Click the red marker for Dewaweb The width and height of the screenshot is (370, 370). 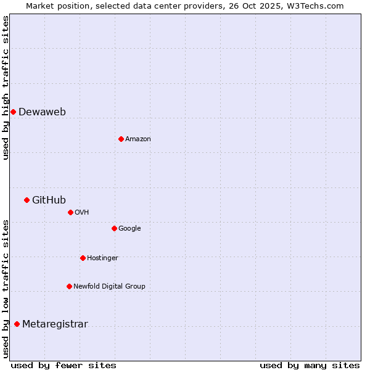point(13,112)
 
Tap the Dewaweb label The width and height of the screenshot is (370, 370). point(42,112)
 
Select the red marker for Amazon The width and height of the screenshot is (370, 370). point(121,139)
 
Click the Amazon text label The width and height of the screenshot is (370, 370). point(138,139)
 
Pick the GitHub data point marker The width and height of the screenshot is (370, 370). point(27,200)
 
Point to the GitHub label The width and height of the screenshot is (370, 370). point(49,200)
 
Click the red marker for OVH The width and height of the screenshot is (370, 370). point(70,212)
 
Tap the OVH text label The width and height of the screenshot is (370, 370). point(82,212)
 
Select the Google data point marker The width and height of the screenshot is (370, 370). point(114,228)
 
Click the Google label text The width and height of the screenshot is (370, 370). point(129,228)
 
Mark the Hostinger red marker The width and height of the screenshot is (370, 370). point(83,258)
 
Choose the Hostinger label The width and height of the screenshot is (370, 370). point(102,258)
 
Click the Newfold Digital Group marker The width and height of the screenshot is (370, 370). point(69,286)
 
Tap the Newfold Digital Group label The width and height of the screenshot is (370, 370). point(109,286)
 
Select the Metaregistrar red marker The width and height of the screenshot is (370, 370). point(17,324)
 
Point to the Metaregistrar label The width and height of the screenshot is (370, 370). point(55,324)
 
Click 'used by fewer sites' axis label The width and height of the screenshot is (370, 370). point(64,365)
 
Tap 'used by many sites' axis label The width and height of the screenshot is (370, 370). point(310,365)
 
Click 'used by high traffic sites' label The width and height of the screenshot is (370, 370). point(6,88)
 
